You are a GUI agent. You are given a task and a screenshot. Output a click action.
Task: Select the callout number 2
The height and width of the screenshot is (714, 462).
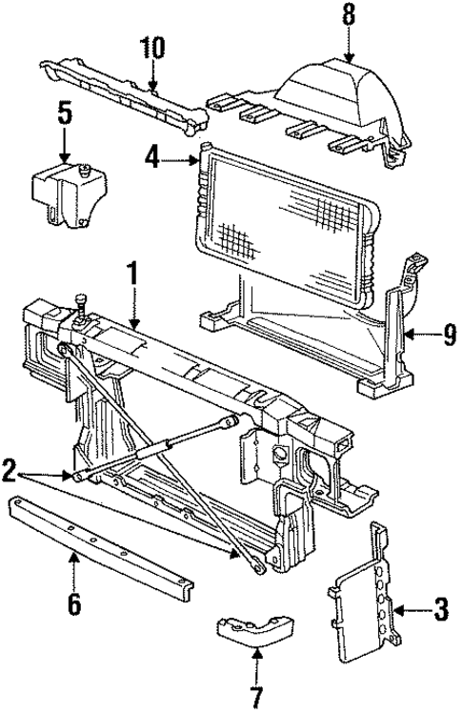[x=9, y=469]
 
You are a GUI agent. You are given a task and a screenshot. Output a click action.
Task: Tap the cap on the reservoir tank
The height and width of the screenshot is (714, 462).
[x=85, y=171]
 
